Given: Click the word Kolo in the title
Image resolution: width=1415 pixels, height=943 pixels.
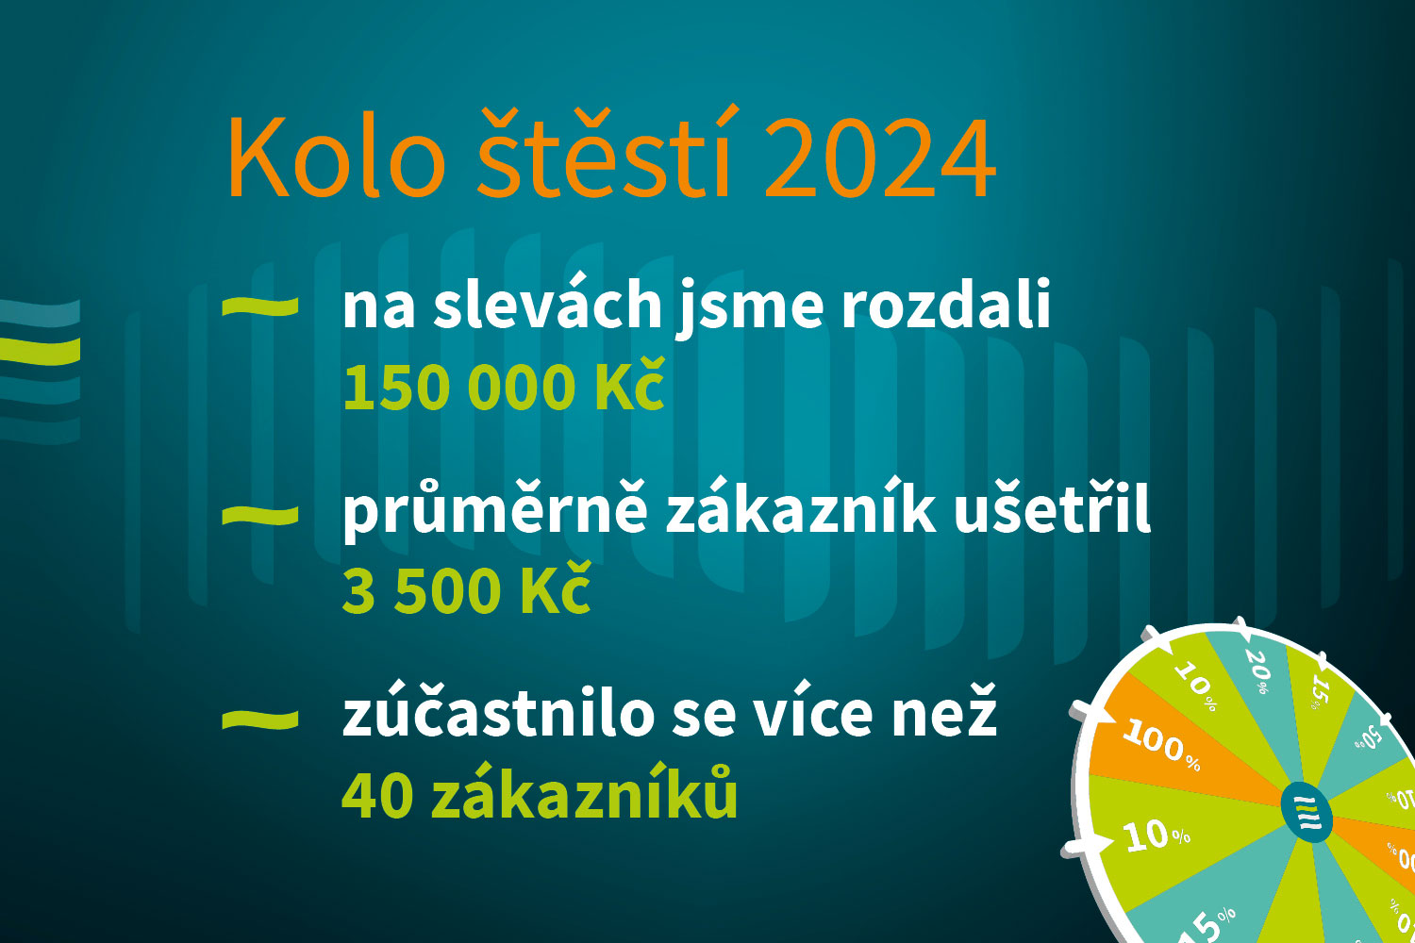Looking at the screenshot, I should [x=335, y=158].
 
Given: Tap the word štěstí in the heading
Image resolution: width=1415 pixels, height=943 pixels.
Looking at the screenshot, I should [x=605, y=155].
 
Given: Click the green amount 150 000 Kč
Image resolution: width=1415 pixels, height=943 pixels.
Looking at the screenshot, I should [x=504, y=387].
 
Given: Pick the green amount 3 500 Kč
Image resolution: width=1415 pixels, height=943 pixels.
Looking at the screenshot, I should [x=466, y=591].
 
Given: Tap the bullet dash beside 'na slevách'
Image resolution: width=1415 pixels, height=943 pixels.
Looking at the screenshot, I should [x=259, y=306].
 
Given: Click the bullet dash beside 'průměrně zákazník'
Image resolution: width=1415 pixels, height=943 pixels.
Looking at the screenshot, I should [x=259, y=514].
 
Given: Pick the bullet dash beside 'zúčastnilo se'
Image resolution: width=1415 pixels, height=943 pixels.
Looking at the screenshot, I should [x=259, y=719].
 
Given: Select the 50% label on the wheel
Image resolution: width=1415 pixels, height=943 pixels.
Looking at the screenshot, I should [x=1369, y=737].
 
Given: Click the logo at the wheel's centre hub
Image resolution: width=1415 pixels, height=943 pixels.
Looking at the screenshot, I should [x=1307, y=812].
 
